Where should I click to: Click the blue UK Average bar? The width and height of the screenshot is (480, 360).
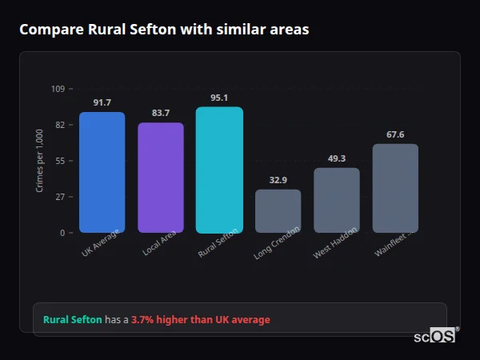[102, 172]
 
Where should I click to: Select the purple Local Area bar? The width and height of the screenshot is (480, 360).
[160, 178]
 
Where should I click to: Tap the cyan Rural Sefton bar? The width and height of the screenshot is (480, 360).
[219, 170]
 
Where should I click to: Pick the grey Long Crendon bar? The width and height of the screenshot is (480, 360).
[278, 211]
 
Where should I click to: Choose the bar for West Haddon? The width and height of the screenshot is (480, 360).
[337, 200]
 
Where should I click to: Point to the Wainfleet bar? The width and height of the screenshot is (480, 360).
[395, 188]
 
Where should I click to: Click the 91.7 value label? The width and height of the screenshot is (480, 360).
[102, 103]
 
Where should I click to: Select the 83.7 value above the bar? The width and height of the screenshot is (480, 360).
[160, 114]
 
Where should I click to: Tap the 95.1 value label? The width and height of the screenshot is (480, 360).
[219, 98]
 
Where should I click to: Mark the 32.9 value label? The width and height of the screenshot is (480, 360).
[278, 181]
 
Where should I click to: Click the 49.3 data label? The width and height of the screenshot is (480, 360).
[337, 159]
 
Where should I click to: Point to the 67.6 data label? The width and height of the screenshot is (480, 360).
[395, 135]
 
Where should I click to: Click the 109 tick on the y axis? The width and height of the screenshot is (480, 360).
[58, 89]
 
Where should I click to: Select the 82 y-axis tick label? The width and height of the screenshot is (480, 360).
[60, 125]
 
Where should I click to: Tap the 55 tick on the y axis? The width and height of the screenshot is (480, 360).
[60, 161]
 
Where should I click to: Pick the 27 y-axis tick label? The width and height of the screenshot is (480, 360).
[60, 197]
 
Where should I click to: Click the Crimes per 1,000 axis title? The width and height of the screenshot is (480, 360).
[40, 161]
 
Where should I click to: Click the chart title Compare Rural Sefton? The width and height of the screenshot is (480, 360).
[164, 30]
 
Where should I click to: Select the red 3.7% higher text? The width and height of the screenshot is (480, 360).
[201, 320]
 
